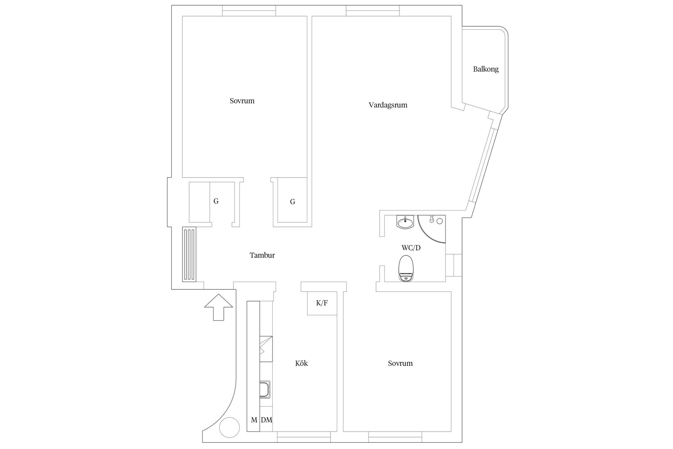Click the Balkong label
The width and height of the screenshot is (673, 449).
485,69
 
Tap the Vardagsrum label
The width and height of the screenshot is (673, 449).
388,105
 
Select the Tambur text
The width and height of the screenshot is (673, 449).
262,255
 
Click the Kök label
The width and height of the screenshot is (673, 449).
301,363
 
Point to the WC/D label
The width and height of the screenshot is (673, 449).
411,248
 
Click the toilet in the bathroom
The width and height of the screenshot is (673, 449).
406,268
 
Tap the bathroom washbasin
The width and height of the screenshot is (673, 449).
405,222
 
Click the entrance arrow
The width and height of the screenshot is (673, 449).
218,307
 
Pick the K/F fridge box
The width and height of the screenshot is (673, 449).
322,303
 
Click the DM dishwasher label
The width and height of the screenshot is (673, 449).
266,420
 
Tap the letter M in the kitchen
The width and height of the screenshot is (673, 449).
254,420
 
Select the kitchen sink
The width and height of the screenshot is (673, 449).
266,390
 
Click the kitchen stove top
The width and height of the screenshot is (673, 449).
266,349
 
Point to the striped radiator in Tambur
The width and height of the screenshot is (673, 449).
189,254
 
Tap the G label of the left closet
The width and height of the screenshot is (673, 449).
216,201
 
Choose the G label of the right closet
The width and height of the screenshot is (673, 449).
292,202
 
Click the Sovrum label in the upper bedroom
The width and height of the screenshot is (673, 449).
242,101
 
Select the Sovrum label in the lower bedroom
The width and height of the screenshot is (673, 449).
400,363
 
